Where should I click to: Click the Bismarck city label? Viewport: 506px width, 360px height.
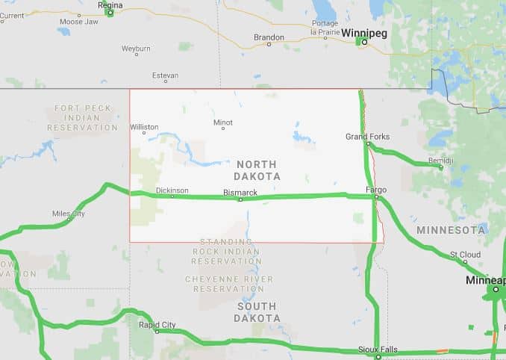(x=240, y=193)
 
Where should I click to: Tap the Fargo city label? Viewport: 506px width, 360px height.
(x=376, y=190)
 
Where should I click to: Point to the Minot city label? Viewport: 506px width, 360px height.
(x=222, y=122)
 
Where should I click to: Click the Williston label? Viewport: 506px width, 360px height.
(x=144, y=127)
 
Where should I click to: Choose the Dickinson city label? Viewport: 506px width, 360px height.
(x=172, y=190)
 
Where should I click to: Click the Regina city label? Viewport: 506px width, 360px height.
(x=110, y=5)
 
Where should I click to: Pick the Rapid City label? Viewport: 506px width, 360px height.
(x=157, y=325)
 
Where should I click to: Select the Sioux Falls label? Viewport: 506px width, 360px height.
(x=378, y=350)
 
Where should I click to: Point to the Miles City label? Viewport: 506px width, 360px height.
(x=68, y=214)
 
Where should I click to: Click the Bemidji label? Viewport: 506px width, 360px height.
(x=440, y=161)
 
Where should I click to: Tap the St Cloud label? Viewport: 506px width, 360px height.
(x=465, y=255)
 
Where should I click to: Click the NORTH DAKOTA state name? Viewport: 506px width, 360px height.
(x=256, y=170)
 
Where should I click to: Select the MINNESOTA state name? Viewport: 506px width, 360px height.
(x=452, y=229)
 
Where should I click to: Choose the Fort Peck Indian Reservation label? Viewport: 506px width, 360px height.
(x=82, y=118)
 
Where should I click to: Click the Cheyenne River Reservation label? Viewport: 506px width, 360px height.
(x=229, y=284)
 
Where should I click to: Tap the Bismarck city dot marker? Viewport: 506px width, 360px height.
(x=240, y=199)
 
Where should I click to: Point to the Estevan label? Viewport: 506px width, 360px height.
(x=165, y=75)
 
